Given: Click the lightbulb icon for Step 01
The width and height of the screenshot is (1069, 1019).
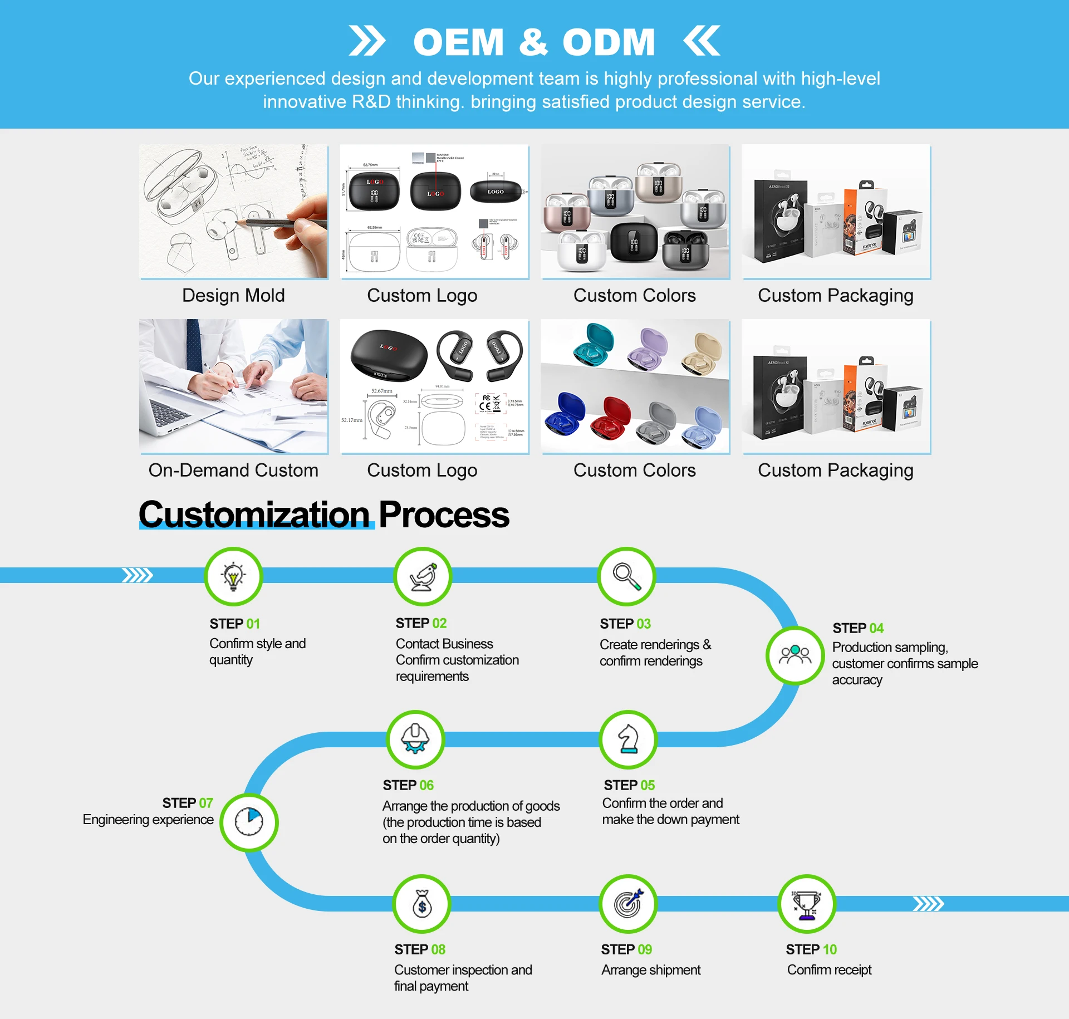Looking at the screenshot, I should coord(233,576).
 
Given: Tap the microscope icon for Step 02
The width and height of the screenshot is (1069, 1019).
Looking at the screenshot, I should coord(423,576).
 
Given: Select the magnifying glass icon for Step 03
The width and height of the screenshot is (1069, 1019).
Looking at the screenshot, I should coord(626,576).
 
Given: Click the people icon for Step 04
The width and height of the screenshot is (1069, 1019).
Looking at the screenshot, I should coord(795,655).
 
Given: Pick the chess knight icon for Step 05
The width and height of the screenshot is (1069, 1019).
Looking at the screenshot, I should coord(628,739).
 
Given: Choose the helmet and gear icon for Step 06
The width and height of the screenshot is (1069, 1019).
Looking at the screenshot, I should coord(415,739).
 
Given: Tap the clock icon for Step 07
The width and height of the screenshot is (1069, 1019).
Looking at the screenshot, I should coord(249,822).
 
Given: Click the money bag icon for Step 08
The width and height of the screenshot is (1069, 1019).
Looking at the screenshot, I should coord(422,904).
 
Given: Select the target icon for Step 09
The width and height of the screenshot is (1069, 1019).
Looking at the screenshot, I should coord(628,904).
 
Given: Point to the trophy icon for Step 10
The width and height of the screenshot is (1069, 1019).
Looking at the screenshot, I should coord(807,904).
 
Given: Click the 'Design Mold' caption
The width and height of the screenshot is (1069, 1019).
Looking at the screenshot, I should coord(233,295).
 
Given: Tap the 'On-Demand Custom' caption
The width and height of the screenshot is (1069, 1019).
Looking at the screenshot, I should coord(233,470).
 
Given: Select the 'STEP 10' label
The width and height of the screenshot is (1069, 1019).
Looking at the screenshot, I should coord(811,949).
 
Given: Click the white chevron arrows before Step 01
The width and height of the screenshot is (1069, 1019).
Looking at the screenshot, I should coord(137,575).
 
